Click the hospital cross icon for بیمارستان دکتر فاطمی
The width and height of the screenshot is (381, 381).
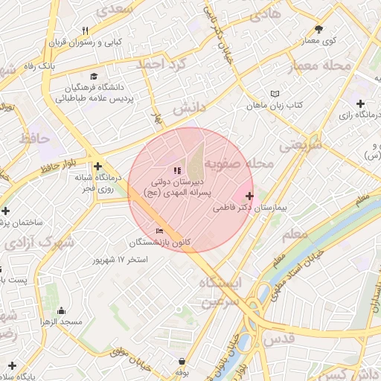coord(249,196)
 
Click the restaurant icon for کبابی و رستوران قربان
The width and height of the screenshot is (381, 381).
coord(85,31)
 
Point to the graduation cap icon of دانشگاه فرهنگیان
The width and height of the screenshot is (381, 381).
coord(94,76)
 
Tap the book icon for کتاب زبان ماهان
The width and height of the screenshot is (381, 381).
coord(276,94)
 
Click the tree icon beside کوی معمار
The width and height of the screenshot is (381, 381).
coord(319,29)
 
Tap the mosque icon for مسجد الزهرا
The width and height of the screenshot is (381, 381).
coord(61,310)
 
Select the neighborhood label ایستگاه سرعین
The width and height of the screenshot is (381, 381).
coord(220,293)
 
